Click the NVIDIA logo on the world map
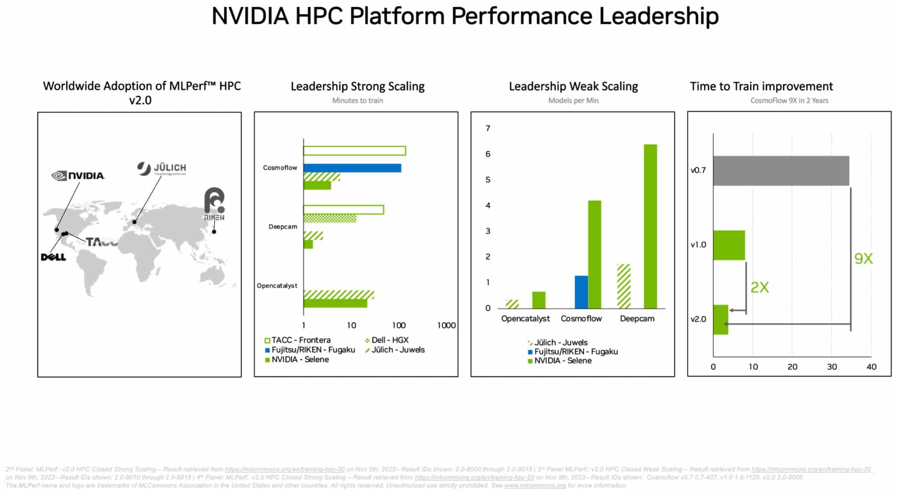click(78, 176)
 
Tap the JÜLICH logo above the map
click(162, 168)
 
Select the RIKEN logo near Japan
click(214, 204)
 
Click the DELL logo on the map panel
click(54, 257)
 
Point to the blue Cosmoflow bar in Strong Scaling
click(352, 168)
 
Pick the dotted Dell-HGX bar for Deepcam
click(330, 218)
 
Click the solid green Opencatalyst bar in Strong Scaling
click(335, 303)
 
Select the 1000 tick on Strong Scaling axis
click(446, 325)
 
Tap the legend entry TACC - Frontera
click(301, 340)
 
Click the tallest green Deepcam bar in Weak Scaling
click(650, 226)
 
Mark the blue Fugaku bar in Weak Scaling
click(581, 292)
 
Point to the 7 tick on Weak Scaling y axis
click(488, 128)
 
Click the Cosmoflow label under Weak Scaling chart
click(581, 319)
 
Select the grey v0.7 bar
click(780, 171)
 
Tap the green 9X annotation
click(863, 259)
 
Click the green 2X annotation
click(759, 288)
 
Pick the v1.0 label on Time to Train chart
click(698, 245)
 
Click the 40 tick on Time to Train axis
click(871, 367)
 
